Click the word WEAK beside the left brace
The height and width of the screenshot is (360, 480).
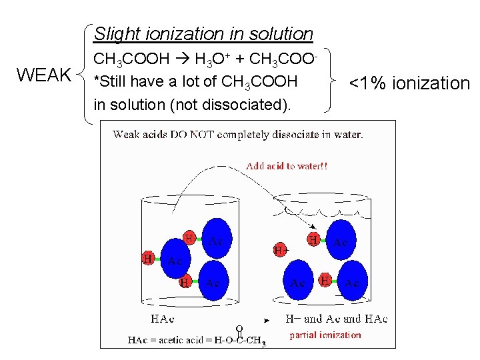pos(44,75)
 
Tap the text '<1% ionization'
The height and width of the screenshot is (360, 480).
pos(409,83)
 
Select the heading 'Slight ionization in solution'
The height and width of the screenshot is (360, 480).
pos(203,33)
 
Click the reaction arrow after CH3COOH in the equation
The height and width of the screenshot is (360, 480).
pos(181,60)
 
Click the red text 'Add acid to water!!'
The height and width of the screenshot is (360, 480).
pos(287,166)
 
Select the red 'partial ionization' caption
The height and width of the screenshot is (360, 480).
pos(325,335)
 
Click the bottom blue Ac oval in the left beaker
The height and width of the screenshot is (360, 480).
pos(212,283)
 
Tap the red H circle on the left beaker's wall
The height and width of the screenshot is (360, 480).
pos(148,257)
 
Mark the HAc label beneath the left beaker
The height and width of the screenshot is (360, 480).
pos(164,319)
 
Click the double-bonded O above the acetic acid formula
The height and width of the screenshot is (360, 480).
pos(239,327)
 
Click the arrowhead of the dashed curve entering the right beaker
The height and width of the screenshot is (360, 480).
pos(315,228)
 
